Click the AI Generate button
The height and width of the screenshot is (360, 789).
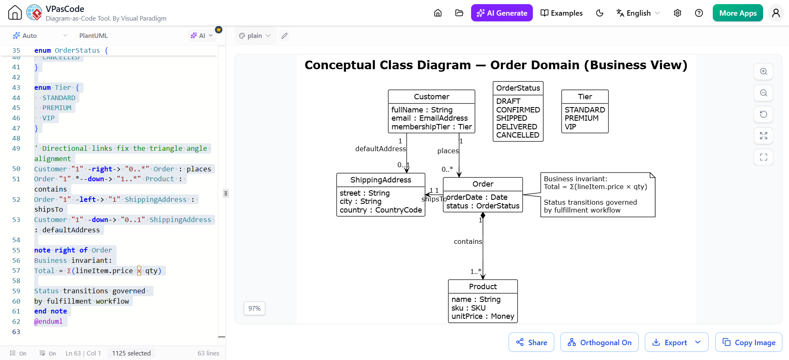click(502, 13)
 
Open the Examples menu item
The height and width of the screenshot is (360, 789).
click(561, 13)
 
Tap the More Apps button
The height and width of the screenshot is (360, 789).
click(738, 13)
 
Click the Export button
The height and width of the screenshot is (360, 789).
click(676, 342)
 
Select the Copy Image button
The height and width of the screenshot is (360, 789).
click(748, 342)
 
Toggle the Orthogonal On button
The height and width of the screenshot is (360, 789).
click(599, 342)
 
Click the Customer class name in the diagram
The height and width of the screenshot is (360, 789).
click(432, 96)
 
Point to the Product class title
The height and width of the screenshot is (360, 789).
click(483, 286)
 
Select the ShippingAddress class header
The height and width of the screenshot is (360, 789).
click(380, 180)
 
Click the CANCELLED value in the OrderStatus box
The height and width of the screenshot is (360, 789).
click(518, 135)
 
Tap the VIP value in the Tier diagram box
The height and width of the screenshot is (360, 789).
click(570, 127)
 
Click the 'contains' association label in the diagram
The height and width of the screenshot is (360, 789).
click(468, 241)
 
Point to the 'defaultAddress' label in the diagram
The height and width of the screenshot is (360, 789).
click(380, 149)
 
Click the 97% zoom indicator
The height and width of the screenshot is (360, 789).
click(254, 308)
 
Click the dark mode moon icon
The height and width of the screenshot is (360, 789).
click(600, 13)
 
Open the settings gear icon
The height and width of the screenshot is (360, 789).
click(677, 13)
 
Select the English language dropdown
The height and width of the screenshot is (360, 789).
click(638, 13)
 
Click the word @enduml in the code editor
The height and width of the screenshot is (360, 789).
click(49, 321)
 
